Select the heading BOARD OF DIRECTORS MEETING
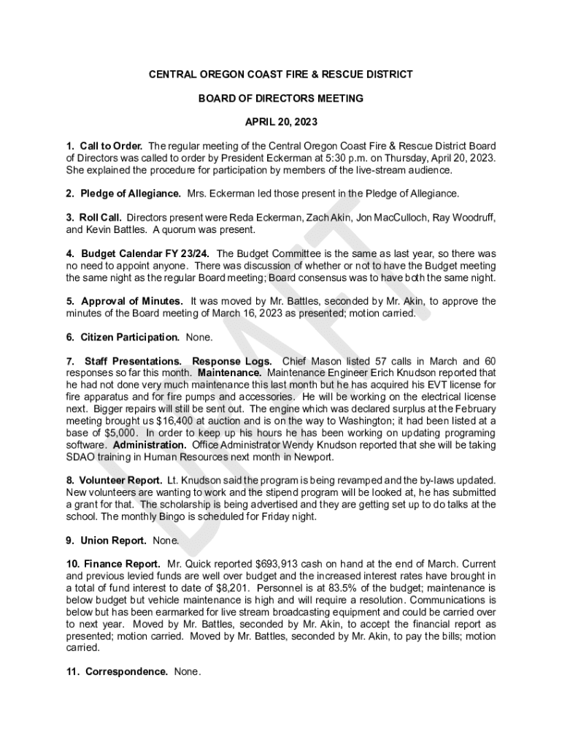point(281,98)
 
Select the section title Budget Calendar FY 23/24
point(143,253)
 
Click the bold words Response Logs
point(232,361)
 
